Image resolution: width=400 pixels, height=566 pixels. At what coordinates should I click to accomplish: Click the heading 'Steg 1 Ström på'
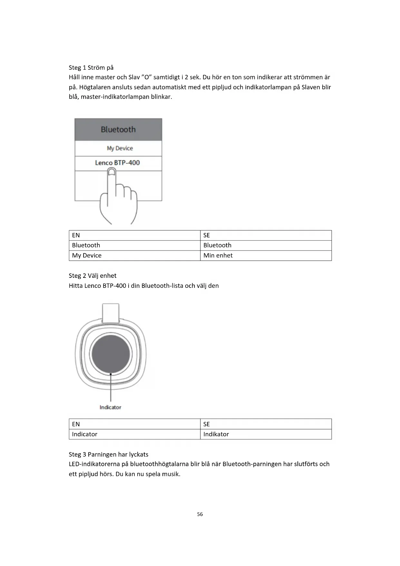[x=91, y=68]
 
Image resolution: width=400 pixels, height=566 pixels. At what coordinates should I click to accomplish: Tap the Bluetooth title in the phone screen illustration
[x=118, y=129]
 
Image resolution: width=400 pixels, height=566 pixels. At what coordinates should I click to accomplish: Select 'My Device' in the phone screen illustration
[x=120, y=148]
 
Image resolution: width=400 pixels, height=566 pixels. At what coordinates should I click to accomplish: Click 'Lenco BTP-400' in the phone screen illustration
[x=117, y=163]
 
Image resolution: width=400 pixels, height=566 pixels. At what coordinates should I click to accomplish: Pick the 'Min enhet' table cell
[x=218, y=256]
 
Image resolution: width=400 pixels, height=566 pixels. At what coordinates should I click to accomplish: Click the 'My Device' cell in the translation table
[x=87, y=256]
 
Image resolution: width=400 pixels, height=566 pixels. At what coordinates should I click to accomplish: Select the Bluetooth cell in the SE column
[x=217, y=245]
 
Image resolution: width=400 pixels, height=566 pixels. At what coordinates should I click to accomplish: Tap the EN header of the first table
[x=76, y=235]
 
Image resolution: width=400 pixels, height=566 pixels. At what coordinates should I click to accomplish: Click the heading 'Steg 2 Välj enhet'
[x=93, y=276]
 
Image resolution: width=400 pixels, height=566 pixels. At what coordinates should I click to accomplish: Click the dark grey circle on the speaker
[x=111, y=354]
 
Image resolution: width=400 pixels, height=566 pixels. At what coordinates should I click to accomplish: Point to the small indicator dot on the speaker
[x=111, y=374]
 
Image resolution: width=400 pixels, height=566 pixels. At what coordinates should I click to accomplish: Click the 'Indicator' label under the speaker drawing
[x=110, y=407]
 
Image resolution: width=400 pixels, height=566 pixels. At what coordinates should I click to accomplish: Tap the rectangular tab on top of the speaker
[x=111, y=312]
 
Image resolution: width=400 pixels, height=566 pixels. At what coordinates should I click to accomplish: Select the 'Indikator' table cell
[x=216, y=434]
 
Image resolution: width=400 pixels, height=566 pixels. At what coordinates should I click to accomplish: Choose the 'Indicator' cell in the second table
[x=84, y=434]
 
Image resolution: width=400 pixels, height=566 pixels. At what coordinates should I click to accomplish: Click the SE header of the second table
[x=207, y=424]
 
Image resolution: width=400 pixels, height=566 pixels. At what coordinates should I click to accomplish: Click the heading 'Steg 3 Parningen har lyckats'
[x=108, y=454]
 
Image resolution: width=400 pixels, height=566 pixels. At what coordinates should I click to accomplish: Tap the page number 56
[x=200, y=514]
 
